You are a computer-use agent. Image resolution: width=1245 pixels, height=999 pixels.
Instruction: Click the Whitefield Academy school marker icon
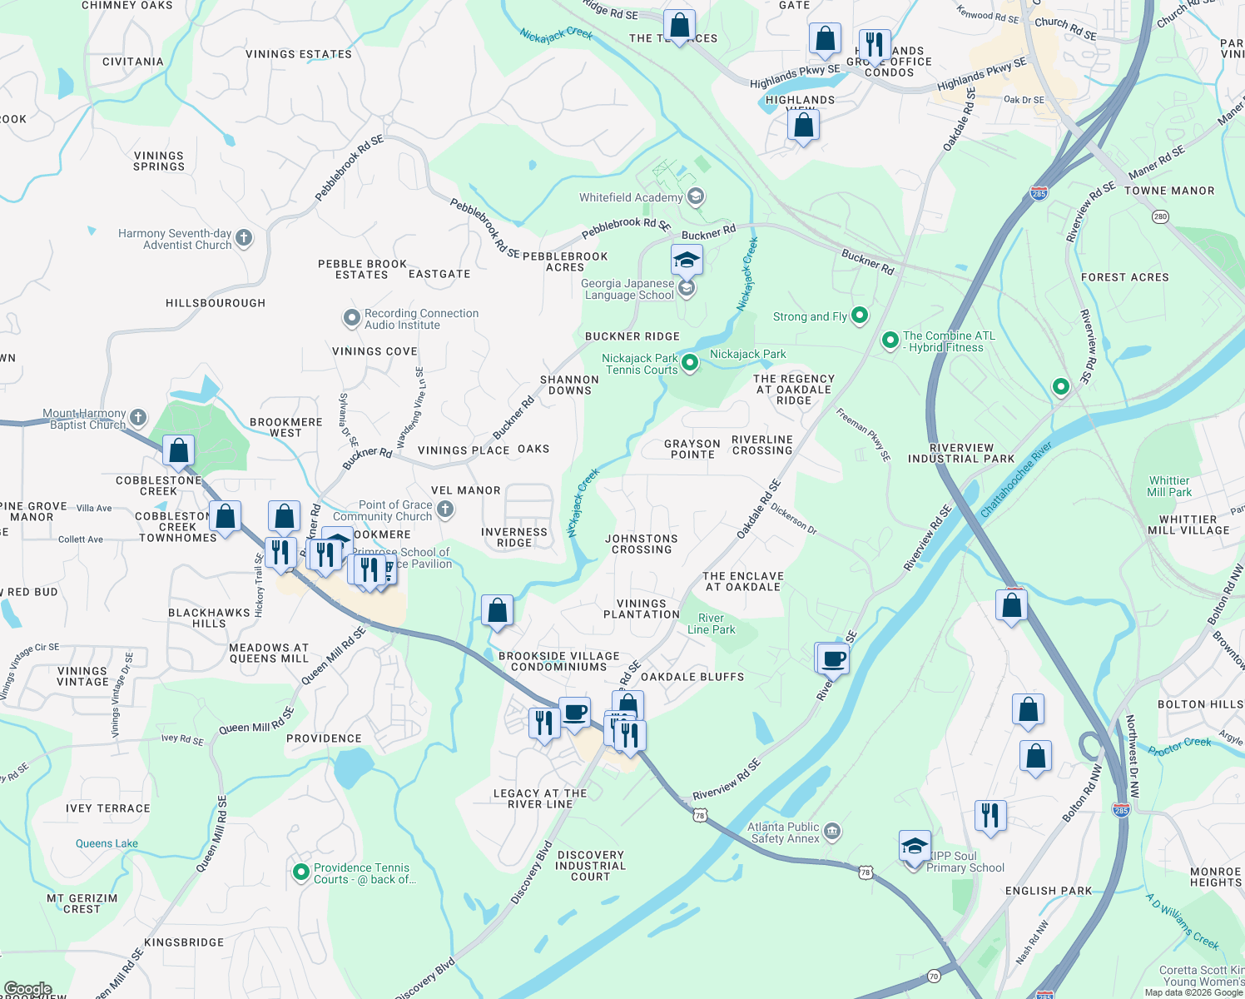697,197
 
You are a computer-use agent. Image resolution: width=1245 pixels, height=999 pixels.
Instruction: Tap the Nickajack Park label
747,354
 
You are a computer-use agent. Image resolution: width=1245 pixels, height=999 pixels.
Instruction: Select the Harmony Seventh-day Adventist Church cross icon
244,238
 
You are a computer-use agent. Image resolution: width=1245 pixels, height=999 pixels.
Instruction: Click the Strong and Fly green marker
860,316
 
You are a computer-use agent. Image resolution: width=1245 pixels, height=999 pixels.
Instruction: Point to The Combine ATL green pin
890,340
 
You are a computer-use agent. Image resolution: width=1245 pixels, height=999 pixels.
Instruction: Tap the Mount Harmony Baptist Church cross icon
138,418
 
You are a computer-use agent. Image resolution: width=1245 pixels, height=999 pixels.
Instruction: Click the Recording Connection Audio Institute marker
351,318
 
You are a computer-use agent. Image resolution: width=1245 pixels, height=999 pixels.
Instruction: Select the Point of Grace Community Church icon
445,509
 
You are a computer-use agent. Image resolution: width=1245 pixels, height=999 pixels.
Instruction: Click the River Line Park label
711,624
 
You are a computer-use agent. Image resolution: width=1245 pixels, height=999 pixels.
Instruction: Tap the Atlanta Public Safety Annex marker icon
832,832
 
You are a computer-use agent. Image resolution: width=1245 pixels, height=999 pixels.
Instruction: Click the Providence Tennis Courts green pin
301,872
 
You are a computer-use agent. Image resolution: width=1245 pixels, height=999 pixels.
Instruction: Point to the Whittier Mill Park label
1169,486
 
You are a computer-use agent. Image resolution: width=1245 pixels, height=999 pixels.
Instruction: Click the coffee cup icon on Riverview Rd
833,659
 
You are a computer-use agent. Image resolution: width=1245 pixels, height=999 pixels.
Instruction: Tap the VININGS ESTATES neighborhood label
299,54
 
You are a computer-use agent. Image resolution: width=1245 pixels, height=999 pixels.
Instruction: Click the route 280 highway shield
1160,216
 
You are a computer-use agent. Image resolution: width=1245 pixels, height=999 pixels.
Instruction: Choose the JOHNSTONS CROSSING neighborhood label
641,544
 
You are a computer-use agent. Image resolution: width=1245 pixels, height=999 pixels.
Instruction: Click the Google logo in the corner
27,989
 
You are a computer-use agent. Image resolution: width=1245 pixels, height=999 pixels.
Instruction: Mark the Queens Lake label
107,843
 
